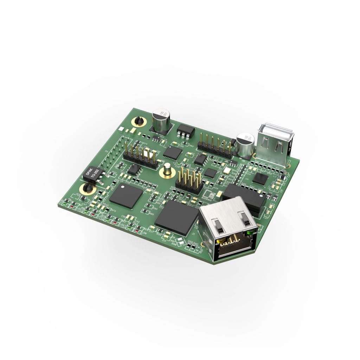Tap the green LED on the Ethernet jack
tap(249, 232)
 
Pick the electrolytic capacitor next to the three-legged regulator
tap(161, 120)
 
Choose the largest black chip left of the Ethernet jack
tap(177, 217)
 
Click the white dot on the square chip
tap(123, 188)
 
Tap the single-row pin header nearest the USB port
tap(215, 146)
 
